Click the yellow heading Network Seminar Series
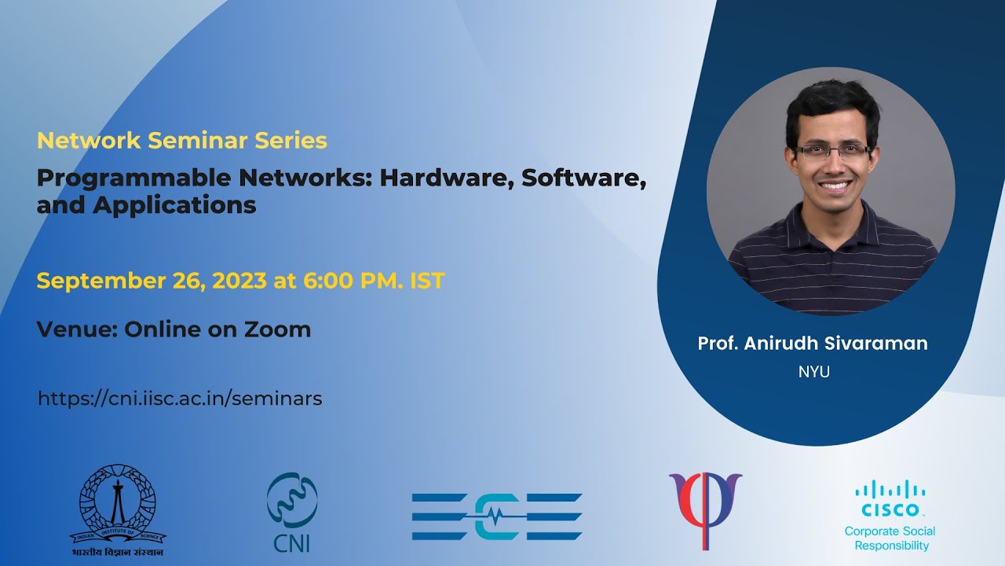tap(181, 141)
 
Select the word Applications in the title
tap(174, 205)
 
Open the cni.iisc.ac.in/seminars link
tap(180, 399)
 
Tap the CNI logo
tap(292, 511)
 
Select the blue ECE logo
tap(496, 516)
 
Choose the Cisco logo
tap(890, 500)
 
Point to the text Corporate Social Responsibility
tap(890, 538)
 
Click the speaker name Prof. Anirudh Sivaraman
tap(813, 344)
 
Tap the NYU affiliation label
tap(813, 373)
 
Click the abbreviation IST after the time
tap(427, 281)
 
